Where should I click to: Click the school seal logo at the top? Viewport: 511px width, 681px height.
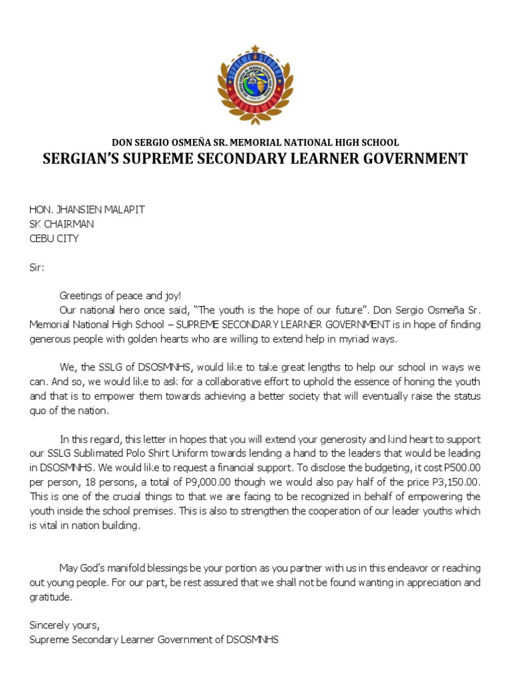255,84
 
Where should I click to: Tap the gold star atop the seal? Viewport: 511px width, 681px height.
255,50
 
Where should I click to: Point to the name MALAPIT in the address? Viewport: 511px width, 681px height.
120,209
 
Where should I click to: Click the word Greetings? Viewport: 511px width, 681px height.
82,295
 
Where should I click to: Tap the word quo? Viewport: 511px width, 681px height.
38,410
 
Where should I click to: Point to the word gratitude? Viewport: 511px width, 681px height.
49,597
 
